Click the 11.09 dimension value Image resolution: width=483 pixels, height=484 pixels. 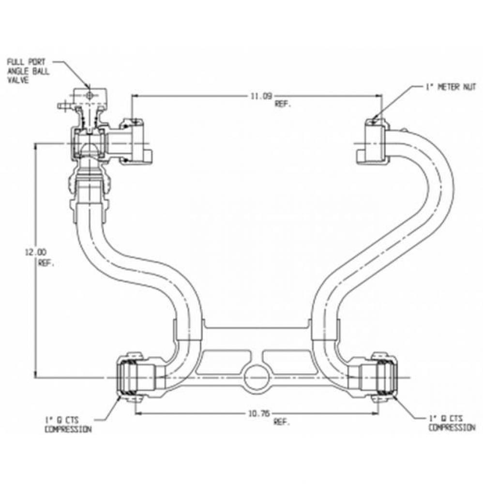pos(260,96)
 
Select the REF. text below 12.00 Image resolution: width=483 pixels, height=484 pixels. pos(46,264)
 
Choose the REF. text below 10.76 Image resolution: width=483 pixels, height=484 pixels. pos(282,422)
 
